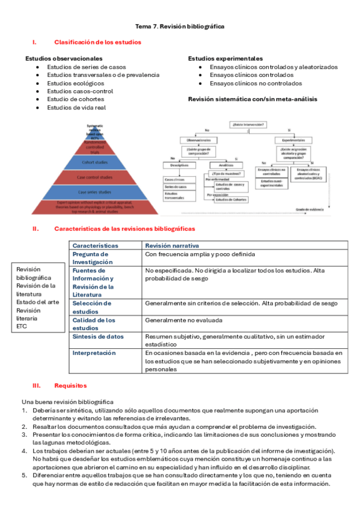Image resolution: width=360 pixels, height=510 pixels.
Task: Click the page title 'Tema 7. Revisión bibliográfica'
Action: [180, 27]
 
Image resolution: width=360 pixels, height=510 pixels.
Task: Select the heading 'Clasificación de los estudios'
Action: [97, 42]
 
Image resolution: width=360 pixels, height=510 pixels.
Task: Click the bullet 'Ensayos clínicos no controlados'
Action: [256, 84]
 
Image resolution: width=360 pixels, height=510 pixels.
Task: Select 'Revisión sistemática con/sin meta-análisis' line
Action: [252, 99]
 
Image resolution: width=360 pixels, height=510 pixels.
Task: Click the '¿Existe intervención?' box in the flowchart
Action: [248, 124]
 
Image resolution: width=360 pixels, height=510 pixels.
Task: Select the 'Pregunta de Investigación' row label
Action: [93, 258]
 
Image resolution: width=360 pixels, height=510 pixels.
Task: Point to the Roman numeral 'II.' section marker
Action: [35, 229]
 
